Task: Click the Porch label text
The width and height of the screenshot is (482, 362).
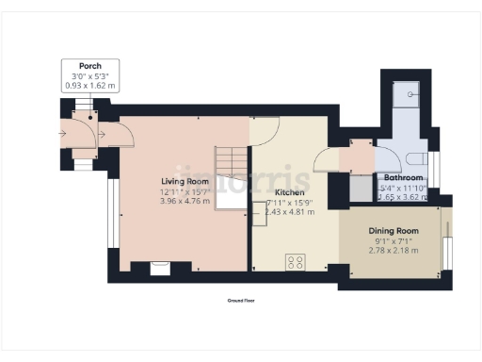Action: pos(90,67)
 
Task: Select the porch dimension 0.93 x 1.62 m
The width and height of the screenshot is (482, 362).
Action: pos(90,86)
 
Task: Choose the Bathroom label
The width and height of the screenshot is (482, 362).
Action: pos(402,177)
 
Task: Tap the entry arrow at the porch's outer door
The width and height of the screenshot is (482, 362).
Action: pos(62,134)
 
